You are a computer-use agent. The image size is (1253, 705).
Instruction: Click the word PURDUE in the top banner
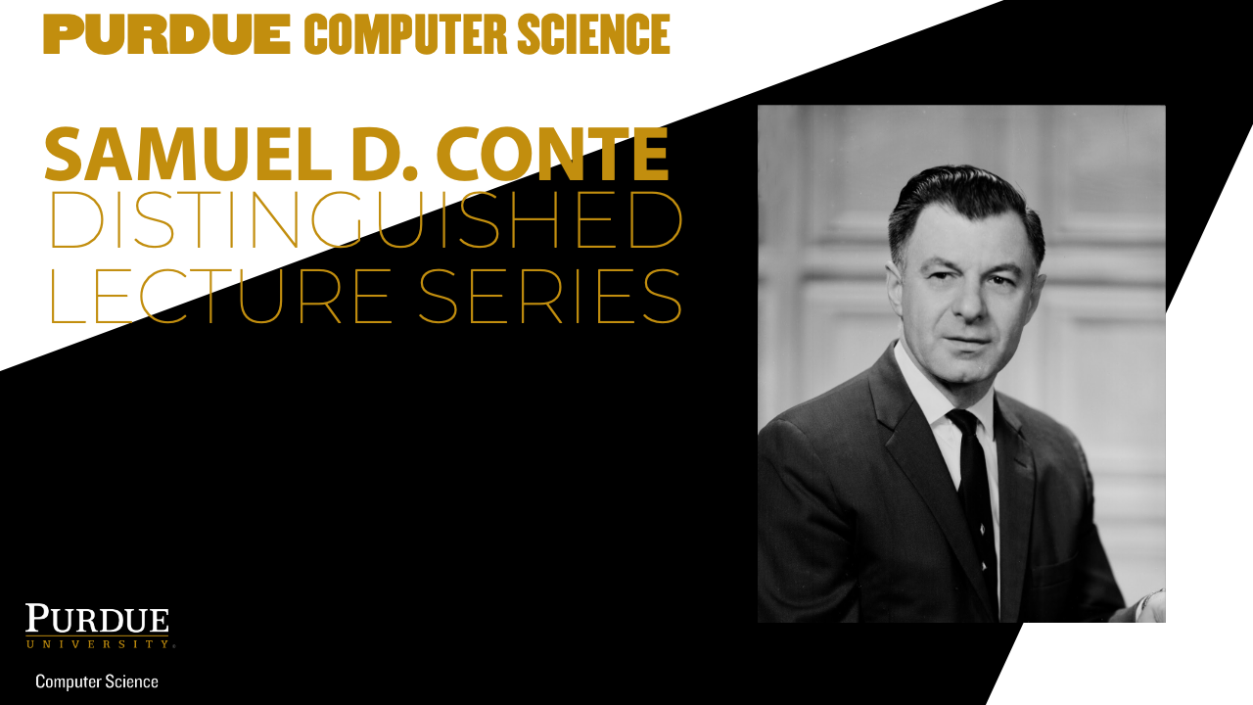coord(166,34)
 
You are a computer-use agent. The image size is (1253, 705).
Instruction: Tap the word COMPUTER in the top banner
coord(405,34)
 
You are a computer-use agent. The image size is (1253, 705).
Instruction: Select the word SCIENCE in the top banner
coord(594,34)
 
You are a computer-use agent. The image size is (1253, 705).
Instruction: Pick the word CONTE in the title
coord(553,154)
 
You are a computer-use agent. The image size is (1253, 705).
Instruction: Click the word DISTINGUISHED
coord(366,219)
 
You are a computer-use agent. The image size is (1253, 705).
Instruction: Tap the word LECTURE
coord(221,297)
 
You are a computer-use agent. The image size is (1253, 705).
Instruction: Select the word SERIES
coord(550,297)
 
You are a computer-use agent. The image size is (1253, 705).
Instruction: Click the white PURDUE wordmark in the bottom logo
coord(97,619)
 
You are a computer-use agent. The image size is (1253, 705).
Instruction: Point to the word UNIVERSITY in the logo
coord(99,644)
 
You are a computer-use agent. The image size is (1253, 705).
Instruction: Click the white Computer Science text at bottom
coord(97,681)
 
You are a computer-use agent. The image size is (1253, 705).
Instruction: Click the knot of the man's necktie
coord(963,421)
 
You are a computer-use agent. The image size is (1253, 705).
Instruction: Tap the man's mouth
coord(966,340)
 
